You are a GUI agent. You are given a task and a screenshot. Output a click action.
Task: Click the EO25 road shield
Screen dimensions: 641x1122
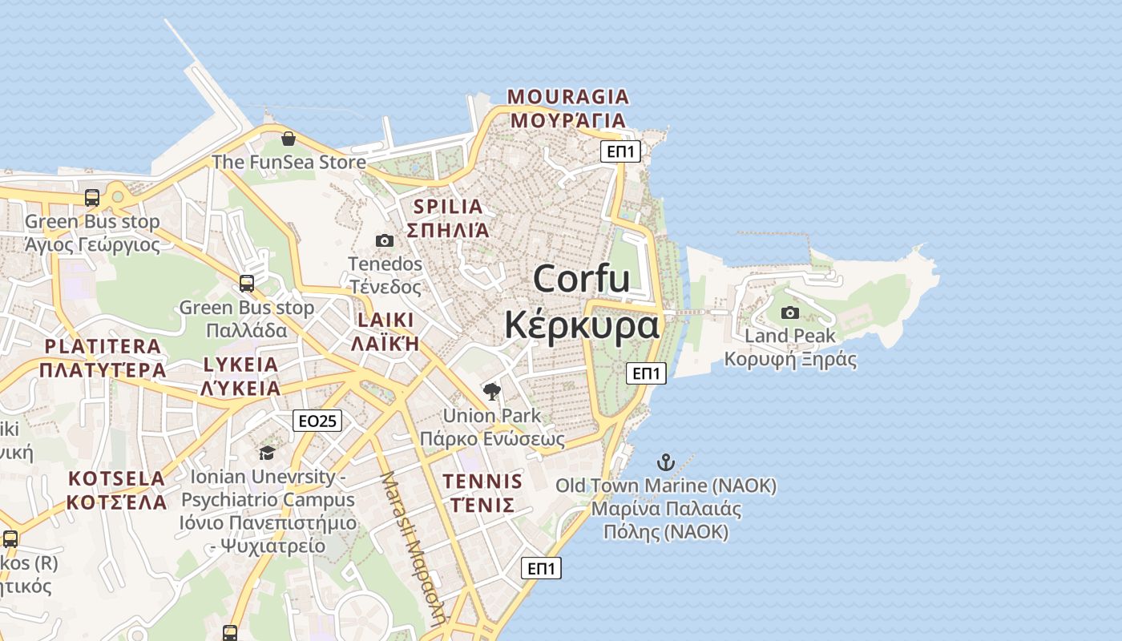pos(317,421)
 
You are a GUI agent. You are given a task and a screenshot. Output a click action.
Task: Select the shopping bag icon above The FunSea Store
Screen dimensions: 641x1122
pos(289,139)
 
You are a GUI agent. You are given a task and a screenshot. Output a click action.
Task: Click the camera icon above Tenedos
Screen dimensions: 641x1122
pos(385,240)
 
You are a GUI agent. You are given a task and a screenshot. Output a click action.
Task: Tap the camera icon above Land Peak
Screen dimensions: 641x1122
pos(790,312)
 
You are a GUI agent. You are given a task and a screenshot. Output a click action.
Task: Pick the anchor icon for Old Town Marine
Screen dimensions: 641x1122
pos(665,462)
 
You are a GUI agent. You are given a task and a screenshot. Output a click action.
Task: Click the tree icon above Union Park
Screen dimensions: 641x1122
pos(492,392)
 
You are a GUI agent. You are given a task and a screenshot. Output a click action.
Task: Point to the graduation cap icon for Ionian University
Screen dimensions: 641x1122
pos(267,454)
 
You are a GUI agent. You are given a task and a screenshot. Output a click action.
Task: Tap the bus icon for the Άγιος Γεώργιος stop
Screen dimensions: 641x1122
pos(92,197)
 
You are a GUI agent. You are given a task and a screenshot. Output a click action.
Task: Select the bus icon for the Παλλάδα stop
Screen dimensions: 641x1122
pos(247,283)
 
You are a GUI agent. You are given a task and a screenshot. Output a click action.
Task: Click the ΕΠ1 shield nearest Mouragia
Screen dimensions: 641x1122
pos(621,151)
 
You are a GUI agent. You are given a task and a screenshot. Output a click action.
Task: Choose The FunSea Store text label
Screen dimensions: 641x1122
pos(289,162)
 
